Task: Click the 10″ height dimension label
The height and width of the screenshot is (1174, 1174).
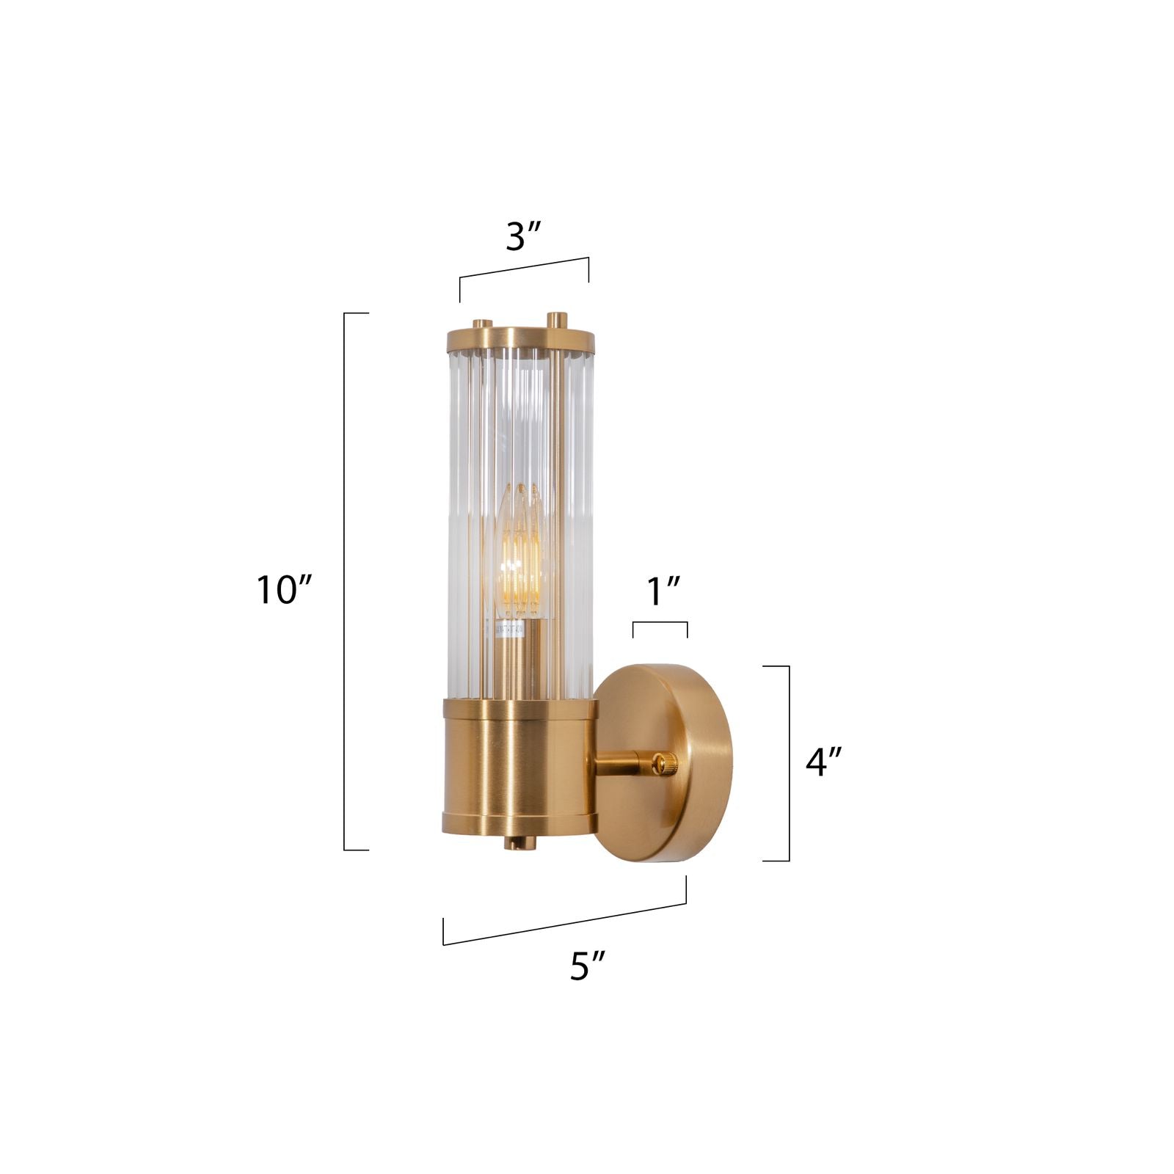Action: [285, 590]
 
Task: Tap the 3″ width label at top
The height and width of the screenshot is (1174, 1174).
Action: [523, 236]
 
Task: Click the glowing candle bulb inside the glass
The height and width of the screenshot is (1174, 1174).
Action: [520, 558]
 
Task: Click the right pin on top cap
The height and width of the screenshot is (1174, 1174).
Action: [558, 321]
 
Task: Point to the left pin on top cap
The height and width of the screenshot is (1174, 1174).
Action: [482, 324]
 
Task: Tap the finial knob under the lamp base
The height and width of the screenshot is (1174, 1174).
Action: [519, 843]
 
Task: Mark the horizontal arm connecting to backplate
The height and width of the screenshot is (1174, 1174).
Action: [620, 766]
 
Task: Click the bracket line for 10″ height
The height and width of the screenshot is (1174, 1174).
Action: [345, 581]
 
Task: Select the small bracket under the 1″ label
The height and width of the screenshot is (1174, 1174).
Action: [660, 623]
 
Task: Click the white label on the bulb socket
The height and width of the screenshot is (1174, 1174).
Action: [511, 629]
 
